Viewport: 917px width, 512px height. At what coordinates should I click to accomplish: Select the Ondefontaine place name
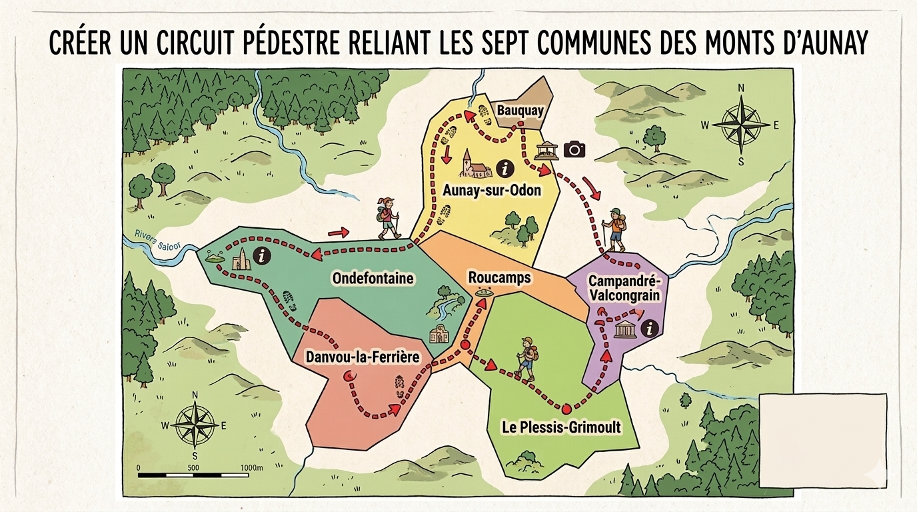click(x=373, y=278)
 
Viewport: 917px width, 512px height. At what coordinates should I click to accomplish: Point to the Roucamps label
click(x=500, y=277)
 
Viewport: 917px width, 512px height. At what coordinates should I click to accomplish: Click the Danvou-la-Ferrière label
click(x=363, y=357)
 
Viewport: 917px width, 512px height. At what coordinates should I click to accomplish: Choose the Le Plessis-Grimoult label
click(x=561, y=427)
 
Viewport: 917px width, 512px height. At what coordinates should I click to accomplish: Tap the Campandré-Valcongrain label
click(x=624, y=287)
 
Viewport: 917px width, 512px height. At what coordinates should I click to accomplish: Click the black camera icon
click(x=574, y=149)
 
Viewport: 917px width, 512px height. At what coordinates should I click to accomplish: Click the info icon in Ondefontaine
click(x=265, y=254)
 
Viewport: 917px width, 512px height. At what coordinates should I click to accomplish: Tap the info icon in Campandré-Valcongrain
click(x=649, y=327)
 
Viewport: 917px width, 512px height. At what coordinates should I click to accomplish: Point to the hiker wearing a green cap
click(x=614, y=229)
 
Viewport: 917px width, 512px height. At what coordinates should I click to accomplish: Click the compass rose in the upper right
click(x=740, y=124)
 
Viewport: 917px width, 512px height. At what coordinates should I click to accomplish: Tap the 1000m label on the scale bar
click(x=251, y=467)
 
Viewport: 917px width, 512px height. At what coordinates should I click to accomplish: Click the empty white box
click(x=823, y=440)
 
